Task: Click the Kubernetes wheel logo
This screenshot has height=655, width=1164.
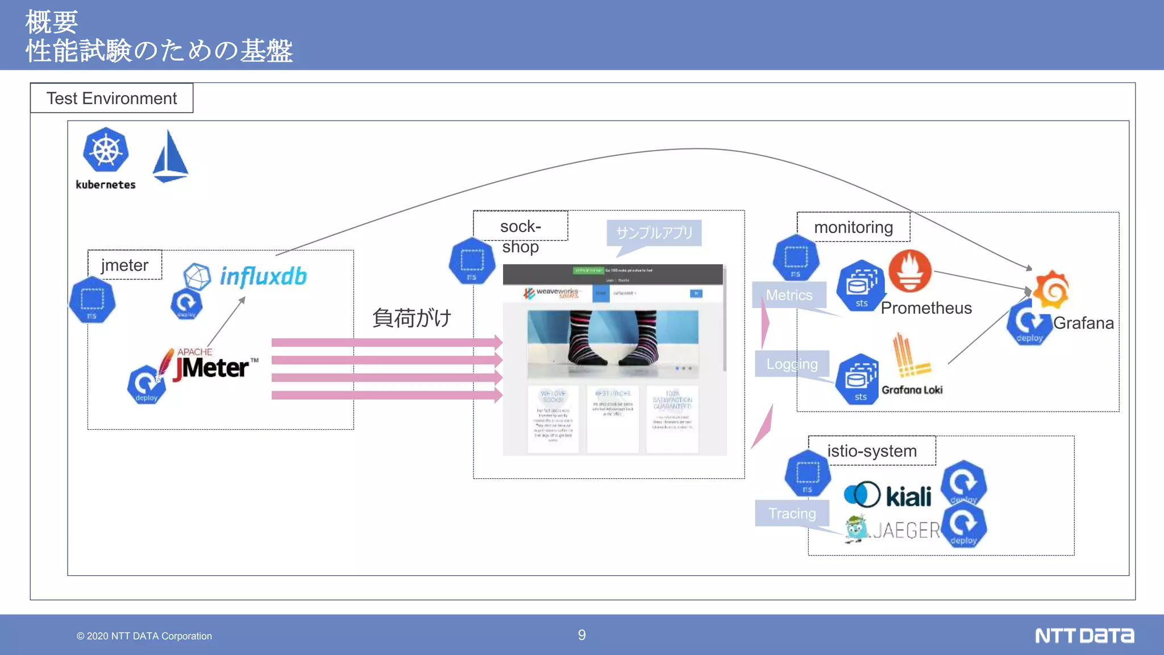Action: (x=106, y=150)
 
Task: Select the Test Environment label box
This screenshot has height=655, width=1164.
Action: (x=111, y=98)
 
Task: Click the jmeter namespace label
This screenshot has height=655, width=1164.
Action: (x=124, y=265)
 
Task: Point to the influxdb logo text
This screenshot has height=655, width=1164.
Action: (x=263, y=276)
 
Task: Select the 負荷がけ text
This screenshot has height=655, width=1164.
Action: (x=411, y=317)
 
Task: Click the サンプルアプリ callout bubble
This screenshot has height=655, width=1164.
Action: (x=654, y=233)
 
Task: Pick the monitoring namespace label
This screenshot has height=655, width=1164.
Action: (x=853, y=227)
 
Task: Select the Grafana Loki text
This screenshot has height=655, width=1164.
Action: (x=912, y=390)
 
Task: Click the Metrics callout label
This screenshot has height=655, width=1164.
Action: (x=789, y=295)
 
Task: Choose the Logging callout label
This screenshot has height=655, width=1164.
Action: (x=792, y=364)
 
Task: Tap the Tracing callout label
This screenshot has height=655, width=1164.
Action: (x=792, y=513)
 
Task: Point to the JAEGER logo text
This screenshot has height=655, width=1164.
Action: (x=906, y=530)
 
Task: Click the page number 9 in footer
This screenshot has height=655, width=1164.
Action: (x=581, y=635)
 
